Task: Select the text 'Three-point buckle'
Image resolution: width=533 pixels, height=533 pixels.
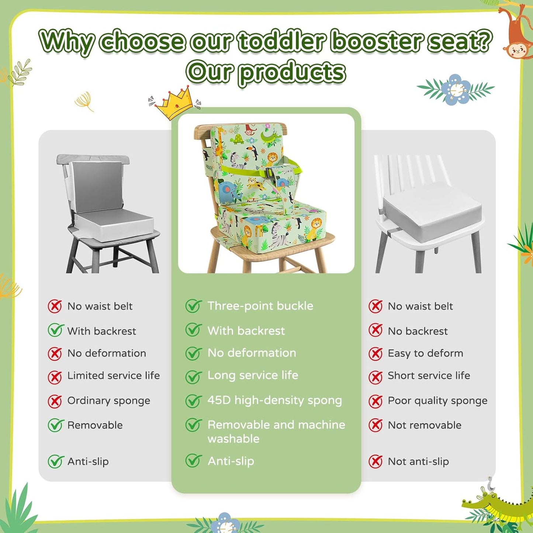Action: pyautogui.click(x=260, y=306)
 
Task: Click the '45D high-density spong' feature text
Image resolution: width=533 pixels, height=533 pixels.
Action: pyautogui.click(x=274, y=400)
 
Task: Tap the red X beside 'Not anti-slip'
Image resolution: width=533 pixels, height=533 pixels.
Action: pyautogui.click(x=375, y=461)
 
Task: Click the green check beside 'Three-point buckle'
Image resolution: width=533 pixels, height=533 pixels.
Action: pyautogui.click(x=193, y=306)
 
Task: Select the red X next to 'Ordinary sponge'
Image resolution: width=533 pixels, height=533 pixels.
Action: pyautogui.click(x=55, y=401)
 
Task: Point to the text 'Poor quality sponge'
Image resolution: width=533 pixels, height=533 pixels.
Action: pyautogui.click(x=437, y=401)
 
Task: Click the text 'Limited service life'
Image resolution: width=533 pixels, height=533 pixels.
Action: pyautogui.click(x=113, y=375)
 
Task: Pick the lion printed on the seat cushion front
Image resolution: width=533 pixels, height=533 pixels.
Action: pyautogui.click(x=315, y=227)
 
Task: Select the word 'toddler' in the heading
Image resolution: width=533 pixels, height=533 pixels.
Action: pyautogui.click(x=282, y=41)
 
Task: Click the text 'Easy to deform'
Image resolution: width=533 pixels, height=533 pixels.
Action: pyautogui.click(x=425, y=353)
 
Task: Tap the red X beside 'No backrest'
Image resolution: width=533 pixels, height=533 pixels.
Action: pyautogui.click(x=375, y=330)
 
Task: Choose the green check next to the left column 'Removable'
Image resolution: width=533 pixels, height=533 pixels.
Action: pyautogui.click(x=55, y=425)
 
